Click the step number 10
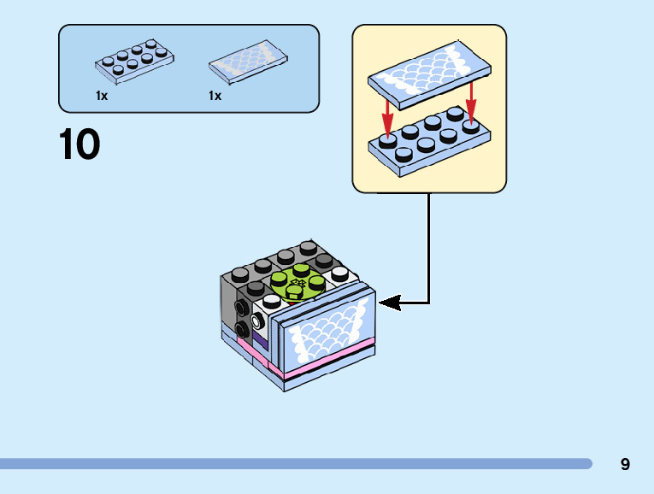click(80, 144)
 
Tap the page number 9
click(625, 464)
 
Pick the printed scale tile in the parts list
click(247, 63)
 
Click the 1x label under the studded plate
click(102, 96)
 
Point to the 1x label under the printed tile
click(215, 96)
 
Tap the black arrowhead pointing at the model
click(389, 302)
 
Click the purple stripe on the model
click(261, 343)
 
